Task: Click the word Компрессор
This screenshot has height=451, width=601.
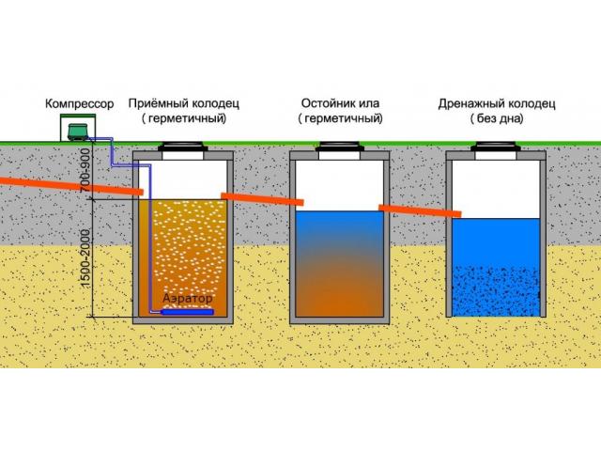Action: click(79, 103)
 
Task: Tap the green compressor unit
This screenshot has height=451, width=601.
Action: click(78, 132)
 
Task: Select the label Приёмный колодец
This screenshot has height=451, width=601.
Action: click(184, 103)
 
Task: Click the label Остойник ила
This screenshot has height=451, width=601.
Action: click(340, 103)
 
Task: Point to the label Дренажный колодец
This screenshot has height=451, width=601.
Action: click(497, 104)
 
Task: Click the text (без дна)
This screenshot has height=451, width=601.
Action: click(497, 118)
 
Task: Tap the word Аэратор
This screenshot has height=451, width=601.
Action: click(188, 298)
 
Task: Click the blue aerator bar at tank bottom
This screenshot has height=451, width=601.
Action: click(188, 312)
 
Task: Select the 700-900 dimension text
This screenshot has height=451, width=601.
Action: click(86, 170)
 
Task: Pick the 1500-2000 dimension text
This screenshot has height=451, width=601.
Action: click(85, 257)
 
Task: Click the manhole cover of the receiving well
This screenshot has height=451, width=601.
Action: click(183, 147)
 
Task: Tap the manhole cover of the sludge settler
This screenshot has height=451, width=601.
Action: click(340, 147)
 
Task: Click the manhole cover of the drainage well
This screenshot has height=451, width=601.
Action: click(497, 147)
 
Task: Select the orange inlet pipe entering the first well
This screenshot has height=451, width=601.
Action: click(71, 184)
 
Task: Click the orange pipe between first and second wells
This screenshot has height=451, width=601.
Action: click(263, 199)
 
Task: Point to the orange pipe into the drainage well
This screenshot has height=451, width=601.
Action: click(420, 210)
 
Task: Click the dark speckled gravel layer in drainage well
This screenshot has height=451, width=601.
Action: click(496, 290)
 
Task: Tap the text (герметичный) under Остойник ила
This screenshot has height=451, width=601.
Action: click(340, 118)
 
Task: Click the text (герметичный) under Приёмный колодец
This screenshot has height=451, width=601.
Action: click(184, 118)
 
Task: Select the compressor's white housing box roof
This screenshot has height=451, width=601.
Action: click(78, 116)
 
